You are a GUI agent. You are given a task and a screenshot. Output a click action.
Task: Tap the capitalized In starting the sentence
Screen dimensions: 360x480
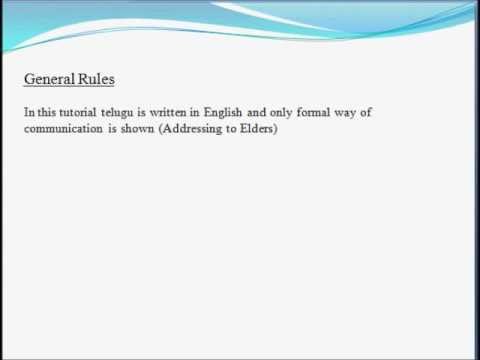(29, 113)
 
